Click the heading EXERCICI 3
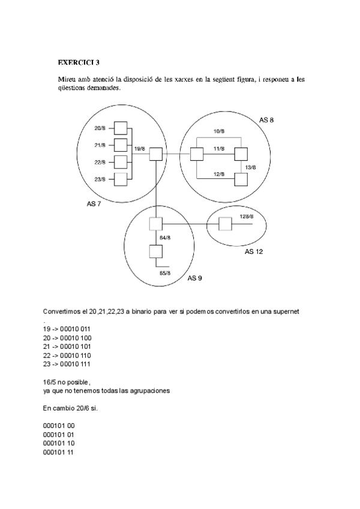tap(79, 62)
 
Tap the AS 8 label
tap(266, 120)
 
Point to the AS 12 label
tap(254, 251)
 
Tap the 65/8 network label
tap(165, 273)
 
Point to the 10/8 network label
tap(219, 131)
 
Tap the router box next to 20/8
tap(121, 128)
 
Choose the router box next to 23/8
tap(121, 179)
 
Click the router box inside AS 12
tap(225, 224)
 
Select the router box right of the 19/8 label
tap(155, 154)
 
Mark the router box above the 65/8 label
tap(155, 251)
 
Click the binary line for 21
tap(67, 346)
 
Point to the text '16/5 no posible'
tap(67, 382)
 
